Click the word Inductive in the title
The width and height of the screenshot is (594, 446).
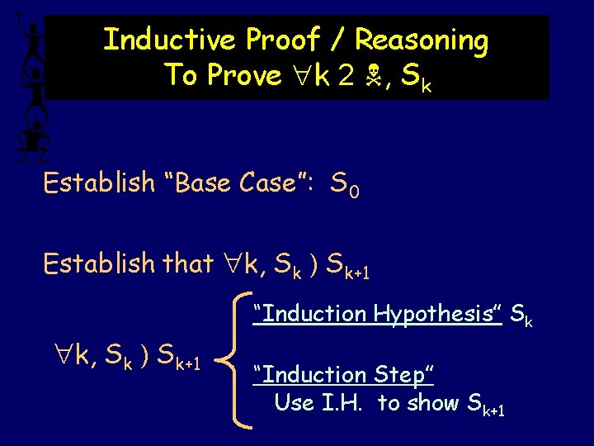click(x=169, y=39)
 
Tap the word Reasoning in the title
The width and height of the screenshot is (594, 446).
click(x=421, y=40)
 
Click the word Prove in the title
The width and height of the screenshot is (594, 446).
click(x=245, y=75)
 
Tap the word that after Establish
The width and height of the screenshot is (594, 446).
click(x=190, y=263)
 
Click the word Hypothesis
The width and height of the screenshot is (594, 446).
click(x=437, y=313)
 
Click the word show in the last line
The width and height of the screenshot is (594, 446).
click(x=437, y=403)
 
